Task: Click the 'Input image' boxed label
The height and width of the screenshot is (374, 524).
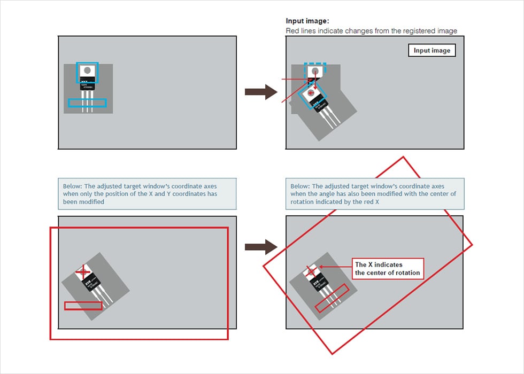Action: [x=432, y=51]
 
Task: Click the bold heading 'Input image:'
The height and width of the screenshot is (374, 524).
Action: [x=307, y=21]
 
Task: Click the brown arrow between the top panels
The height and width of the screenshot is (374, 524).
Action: [x=260, y=92]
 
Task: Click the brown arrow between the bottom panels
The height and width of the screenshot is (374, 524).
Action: [x=260, y=246]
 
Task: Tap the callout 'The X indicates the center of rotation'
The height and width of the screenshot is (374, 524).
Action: [x=388, y=269]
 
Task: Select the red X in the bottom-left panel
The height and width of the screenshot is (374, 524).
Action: [x=82, y=272]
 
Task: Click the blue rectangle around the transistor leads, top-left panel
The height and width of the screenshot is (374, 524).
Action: [x=87, y=103]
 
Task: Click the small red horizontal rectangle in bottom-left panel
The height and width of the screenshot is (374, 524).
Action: [x=83, y=306]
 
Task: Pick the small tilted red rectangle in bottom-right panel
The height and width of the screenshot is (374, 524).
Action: [x=332, y=298]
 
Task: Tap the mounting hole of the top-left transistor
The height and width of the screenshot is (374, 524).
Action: [x=87, y=70]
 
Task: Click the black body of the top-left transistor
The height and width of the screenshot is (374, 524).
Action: [x=87, y=84]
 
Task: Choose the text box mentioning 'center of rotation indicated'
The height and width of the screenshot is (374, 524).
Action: [x=375, y=193]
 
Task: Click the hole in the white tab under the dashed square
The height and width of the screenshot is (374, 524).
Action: [x=315, y=71]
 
